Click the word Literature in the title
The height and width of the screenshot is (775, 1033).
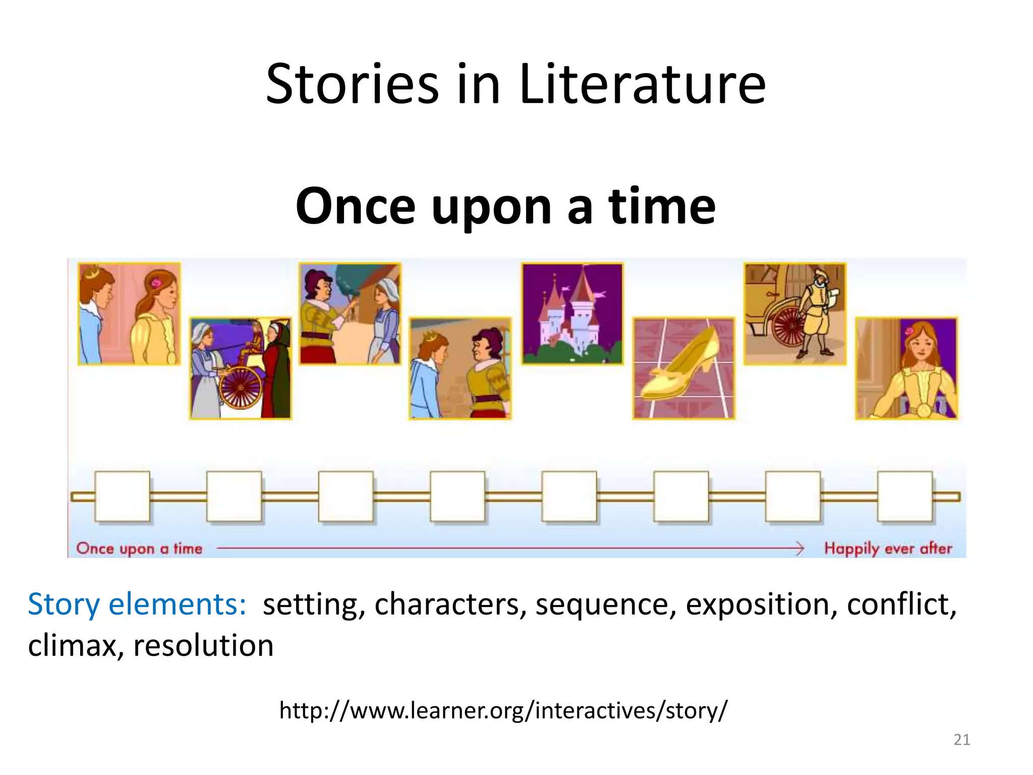[x=642, y=85]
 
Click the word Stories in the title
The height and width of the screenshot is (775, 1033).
[x=352, y=85]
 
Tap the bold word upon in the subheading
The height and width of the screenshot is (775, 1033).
[x=492, y=207]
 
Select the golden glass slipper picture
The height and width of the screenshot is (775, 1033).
[x=683, y=368]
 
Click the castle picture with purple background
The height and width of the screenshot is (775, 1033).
[x=572, y=313]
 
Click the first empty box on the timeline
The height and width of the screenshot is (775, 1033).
[x=122, y=496]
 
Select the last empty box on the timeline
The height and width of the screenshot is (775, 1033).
[x=905, y=496]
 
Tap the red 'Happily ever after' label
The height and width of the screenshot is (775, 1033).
[x=888, y=548]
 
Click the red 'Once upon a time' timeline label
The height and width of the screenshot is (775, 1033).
[x=139, y=548]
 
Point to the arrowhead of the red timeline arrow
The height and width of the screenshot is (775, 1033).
[x=800, y=548]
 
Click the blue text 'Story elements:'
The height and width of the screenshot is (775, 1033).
[x=137, y=604]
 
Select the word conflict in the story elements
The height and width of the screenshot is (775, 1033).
[x=901, y=604]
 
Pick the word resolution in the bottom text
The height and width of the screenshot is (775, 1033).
[x=203, y=645]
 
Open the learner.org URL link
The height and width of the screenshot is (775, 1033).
[x=503, y=710]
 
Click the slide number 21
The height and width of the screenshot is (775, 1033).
[x=961, y=740]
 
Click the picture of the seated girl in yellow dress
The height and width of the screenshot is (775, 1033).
[x=906, y=368]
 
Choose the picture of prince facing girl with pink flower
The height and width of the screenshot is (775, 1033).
[x=129, y=313]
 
